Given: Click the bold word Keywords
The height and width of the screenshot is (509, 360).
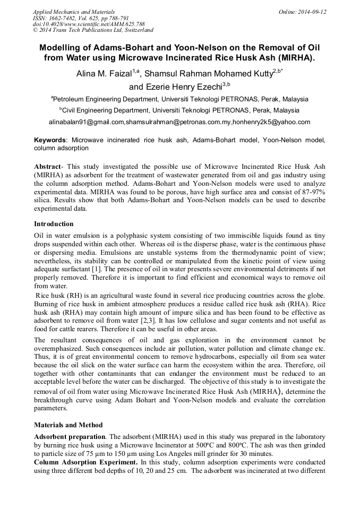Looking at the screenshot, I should click(x=49, y=140).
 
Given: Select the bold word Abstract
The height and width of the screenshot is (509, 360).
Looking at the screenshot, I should click(x=47, y=167).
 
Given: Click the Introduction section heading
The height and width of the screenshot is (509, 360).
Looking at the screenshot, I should click(x=54, y=224).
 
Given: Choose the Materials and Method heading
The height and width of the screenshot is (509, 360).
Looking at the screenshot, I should click(x=68, y=425).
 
